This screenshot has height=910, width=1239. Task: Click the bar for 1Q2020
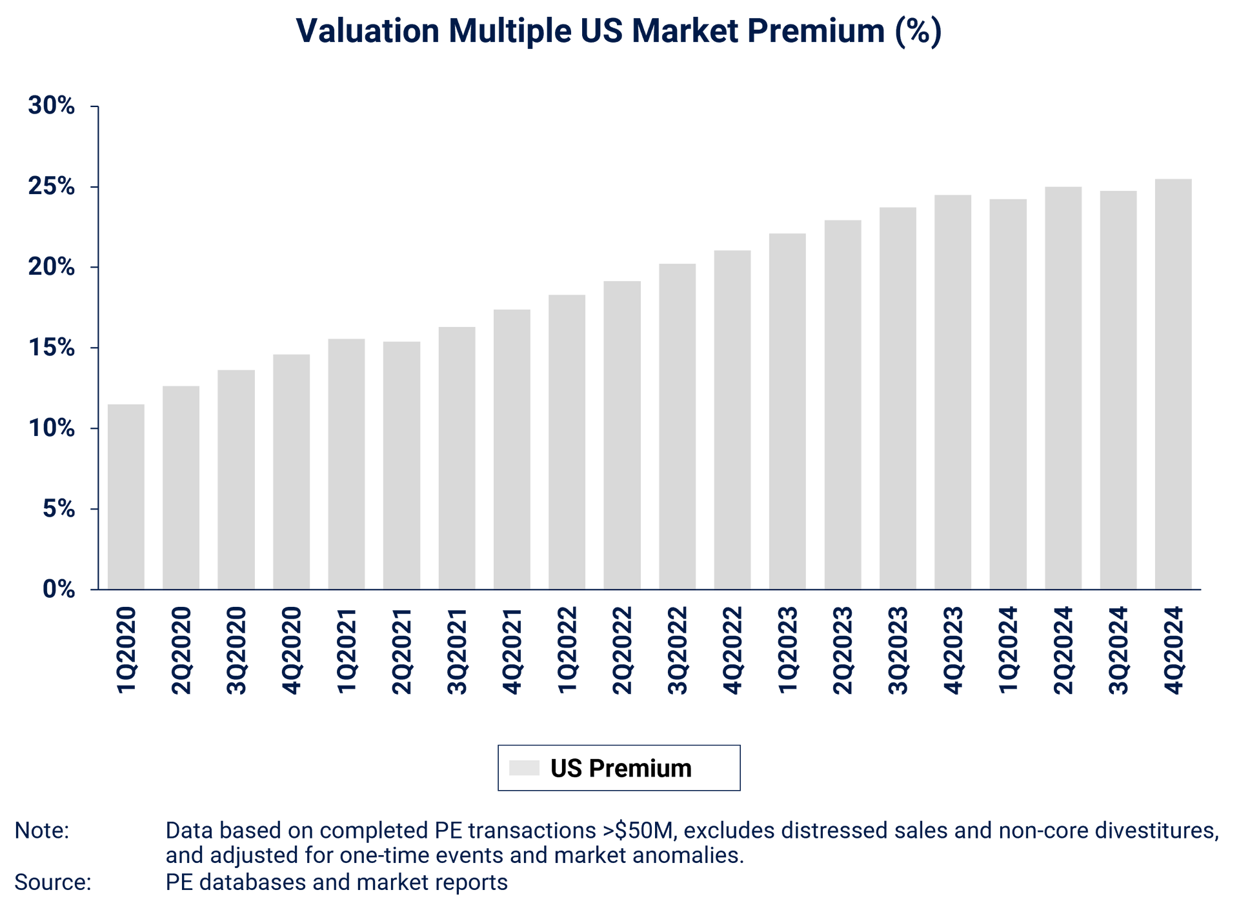126,496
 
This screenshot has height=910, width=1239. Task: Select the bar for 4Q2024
1173,383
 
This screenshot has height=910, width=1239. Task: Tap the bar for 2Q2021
401,464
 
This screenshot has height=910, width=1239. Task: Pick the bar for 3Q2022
677,426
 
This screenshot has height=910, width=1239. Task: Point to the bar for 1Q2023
787,410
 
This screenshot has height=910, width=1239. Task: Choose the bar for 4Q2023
952,391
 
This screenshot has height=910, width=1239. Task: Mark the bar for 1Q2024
1008,393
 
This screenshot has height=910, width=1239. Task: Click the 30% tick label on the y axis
51,106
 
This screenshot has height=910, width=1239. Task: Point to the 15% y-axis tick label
51,348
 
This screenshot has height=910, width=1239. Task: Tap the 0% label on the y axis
59,589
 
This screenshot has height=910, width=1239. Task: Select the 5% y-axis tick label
59,509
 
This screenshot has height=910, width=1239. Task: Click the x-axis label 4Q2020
291,650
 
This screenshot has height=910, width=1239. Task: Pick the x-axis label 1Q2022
567,650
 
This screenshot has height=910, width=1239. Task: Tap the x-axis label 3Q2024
1118,650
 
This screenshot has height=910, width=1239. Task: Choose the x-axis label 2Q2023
842,650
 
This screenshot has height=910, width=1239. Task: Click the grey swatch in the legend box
524,767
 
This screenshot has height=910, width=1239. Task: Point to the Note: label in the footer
41,831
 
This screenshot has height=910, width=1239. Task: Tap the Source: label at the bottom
52,882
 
